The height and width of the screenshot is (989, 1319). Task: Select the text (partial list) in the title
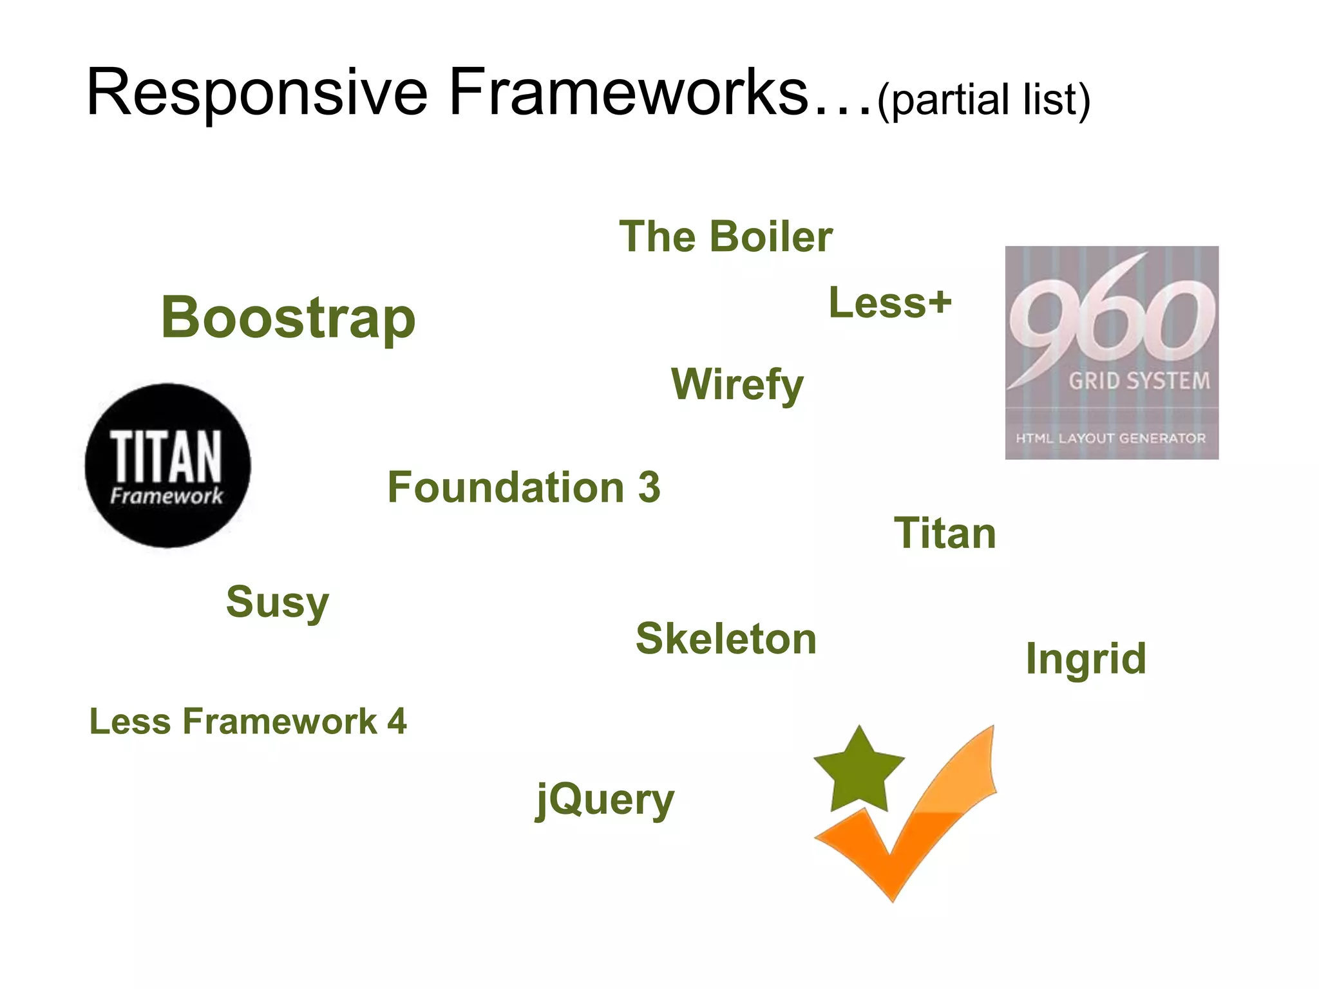point(983,99)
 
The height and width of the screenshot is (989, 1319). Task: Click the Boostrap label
point(288,317)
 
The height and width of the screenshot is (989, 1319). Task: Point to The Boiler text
point(725,236)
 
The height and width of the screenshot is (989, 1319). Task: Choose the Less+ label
point(889,303)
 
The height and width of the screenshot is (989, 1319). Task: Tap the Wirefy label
point(737,384)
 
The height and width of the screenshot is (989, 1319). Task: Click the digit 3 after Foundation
point(649,487)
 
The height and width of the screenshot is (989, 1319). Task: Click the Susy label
point(278,602)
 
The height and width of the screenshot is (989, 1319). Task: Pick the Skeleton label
point(726,639)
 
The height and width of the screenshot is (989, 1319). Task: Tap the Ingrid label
point(1085,659)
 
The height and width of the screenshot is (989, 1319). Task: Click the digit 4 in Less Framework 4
point(397,721)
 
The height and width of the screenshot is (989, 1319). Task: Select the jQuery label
point(605,800)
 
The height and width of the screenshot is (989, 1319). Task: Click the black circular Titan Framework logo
point(167,466)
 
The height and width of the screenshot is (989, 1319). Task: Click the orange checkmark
point(915,837)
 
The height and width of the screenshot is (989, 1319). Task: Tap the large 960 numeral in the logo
point(1111,316)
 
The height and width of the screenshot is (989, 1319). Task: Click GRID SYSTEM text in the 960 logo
point(1139,381)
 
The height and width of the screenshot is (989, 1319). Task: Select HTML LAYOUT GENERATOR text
point(1110,438)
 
